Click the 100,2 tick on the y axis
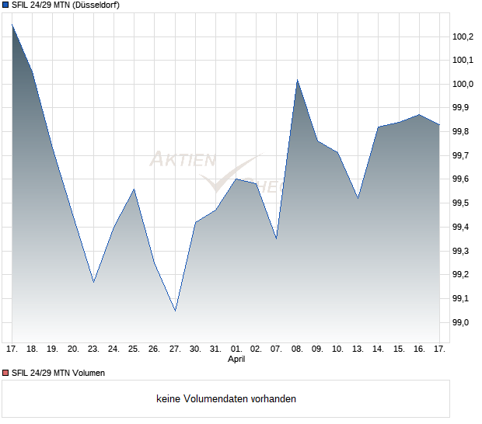coord(463,36)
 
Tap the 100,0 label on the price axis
coord(463,84)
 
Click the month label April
coord(236,360)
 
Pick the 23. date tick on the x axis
coord(93,349)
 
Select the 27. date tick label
coord(175,349)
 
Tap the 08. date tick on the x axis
coord(297,349)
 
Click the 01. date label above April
coord(236,349)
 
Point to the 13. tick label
coord(358,349)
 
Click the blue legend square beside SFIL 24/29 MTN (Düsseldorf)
coord(6,5)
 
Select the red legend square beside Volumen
coord(6,373)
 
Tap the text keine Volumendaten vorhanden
coord(226,399)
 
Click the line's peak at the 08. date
coord(297,79)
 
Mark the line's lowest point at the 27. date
coord(175,311)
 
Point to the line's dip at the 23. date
coord(93,282)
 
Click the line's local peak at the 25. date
coord(134,189)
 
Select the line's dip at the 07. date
coord(276,238)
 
